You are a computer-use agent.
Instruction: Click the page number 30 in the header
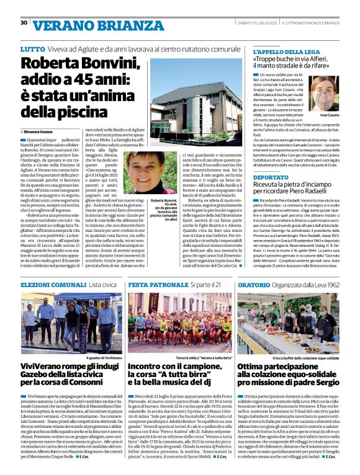click(x=24, y=23)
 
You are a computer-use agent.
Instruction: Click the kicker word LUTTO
click(x=32, y=48)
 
